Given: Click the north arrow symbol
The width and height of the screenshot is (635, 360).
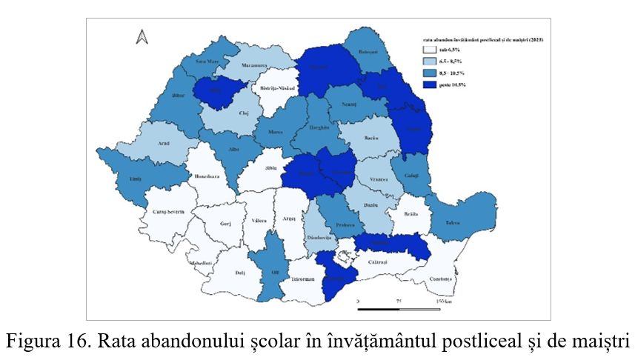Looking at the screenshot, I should tap(142, 36).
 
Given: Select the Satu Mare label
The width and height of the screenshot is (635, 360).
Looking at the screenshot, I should tap(205, 62).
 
